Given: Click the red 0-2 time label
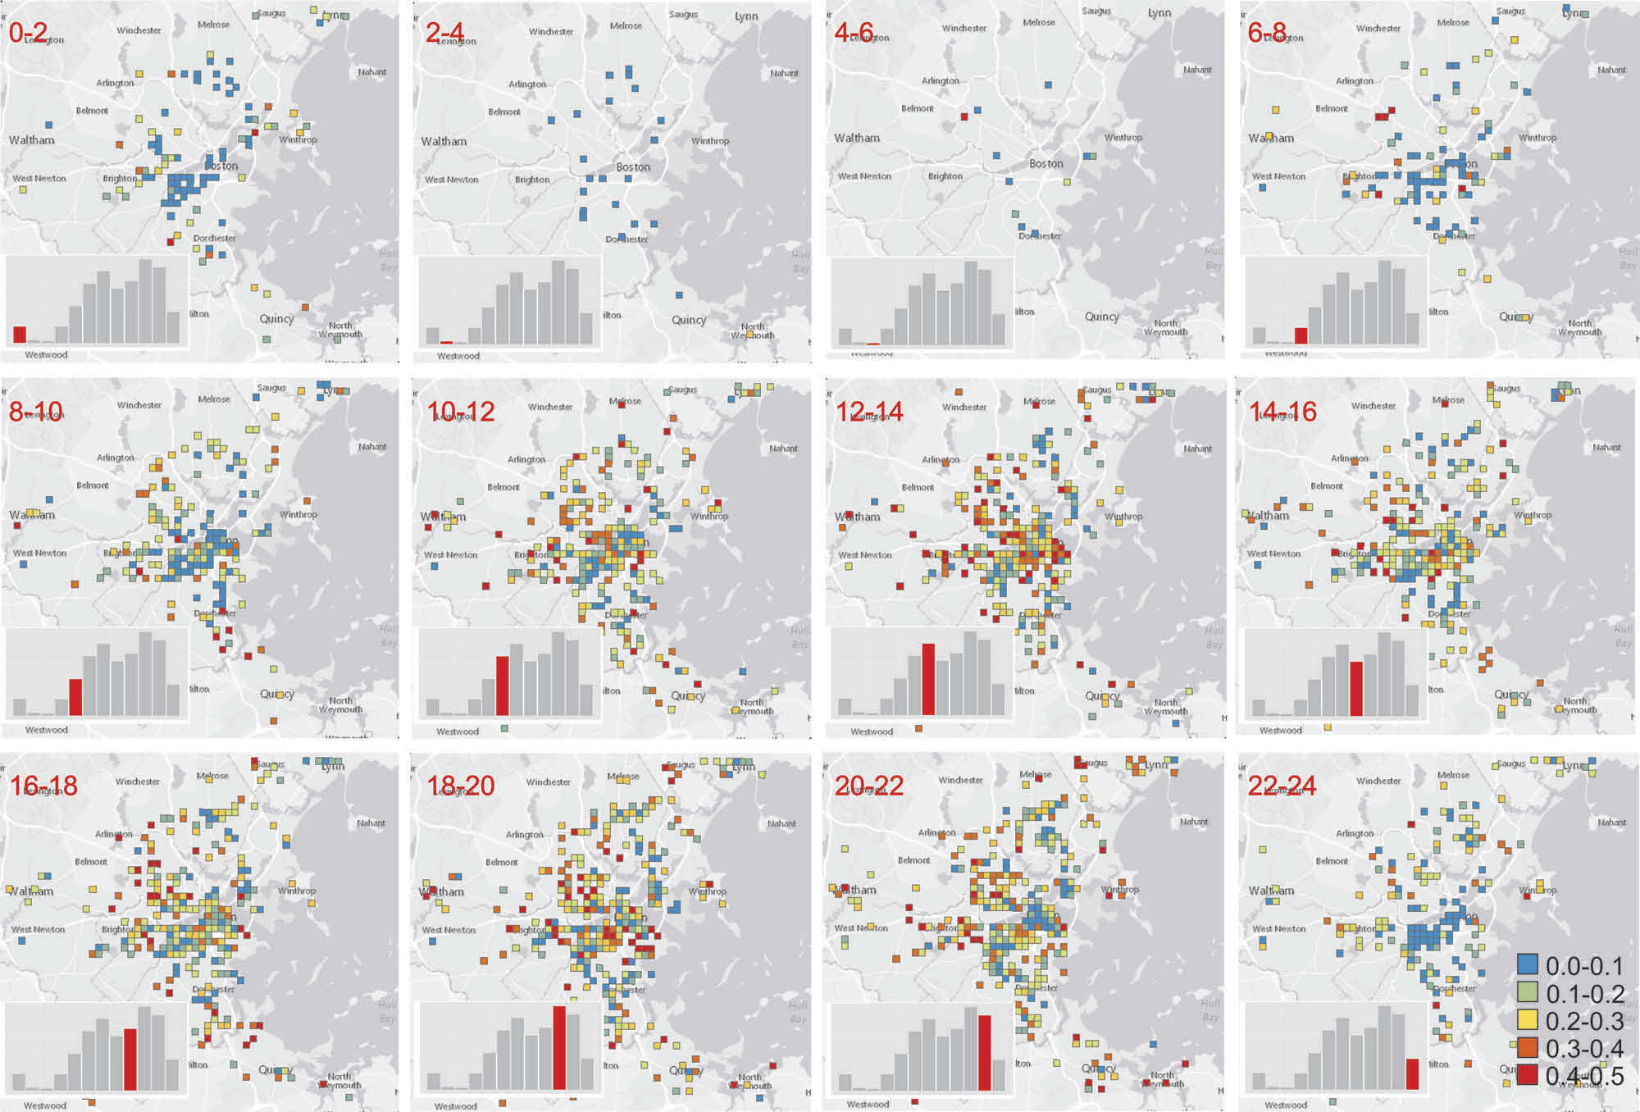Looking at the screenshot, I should pyautogui.click(x=29, y=33).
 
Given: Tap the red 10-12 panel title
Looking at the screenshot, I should pyautogui.click(x=461, y=411).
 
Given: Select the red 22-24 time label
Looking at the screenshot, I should pyautogui.click(x=1282, y=786).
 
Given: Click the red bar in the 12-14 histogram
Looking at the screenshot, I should pyautogui.click(x=928, y=679).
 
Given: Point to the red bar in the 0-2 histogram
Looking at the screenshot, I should pyautogui.click(x=20, y=335).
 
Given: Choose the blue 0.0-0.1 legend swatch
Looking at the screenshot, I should pyautogui.click(x=1527, y=964).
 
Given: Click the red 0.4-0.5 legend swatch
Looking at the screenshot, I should pyautogui.click(x=1527, y=1075).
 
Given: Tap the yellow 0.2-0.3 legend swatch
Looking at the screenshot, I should pyautogui.click(x=1527, y=1019).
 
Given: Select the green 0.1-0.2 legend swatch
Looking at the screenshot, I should pyautogui.click(x=1527, y=991).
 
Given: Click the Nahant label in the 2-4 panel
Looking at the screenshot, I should pyautogui.click(x=785, y=73).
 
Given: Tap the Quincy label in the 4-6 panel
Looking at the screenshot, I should pyautogui.click(x=1102, y=317).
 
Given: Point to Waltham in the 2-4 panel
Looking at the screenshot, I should pyautogui.click(x=444, y=141).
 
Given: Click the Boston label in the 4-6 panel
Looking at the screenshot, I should pyautogui.click(x=1046, y=164).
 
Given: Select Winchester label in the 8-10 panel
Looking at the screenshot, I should pyautogui.click(x=139, y=405).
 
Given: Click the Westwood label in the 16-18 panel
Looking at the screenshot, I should pyautogui.click(x=45, y=1105).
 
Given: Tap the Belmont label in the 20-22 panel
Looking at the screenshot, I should pyautogui.click(x=914, y=860).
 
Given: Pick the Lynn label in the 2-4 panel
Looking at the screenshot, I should pyautogui.click(x=746, y=16).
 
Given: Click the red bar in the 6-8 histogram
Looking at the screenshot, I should pyautogui.click(x=1301, y=335).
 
